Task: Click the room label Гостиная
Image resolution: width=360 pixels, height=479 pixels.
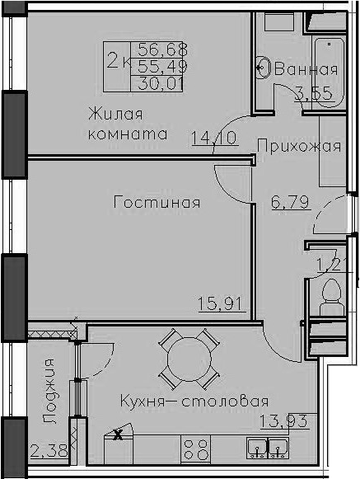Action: [x=157, y=203]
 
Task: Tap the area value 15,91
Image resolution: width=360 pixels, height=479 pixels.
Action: [x=220, y=303]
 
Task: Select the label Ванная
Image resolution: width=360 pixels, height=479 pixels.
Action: [x=306, y=69]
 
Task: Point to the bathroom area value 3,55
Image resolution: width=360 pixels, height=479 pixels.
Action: [x=314, y=93]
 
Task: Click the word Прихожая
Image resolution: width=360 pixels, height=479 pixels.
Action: [x=299, y=146]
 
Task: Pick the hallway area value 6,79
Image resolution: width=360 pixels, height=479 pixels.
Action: [x=290, y=202]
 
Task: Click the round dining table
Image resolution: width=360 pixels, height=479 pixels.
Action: [x=189, y=359]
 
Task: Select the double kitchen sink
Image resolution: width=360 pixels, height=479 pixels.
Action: [x=268, y=448]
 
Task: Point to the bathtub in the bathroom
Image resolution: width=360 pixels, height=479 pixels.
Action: [x=330, y=72]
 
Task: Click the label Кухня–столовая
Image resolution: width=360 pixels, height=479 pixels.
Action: [x=194, y=401]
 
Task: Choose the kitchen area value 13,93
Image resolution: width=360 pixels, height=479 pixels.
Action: [x=283, y=421]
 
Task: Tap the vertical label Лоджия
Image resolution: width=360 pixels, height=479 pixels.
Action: [x=49, y=392]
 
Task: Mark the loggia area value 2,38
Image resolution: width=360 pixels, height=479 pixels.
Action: [x=49, y=451]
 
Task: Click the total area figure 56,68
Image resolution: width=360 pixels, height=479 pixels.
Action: [x=162, y=49]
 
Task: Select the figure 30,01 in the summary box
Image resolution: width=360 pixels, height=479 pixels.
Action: [x=161, y=84]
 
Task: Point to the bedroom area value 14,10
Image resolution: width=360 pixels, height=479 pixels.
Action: [x=214, y=138]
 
